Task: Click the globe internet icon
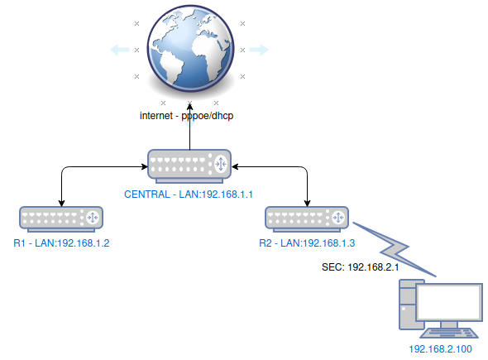coord(190,49)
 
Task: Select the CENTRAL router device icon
coord(189,166)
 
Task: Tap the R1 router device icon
coord(61,219)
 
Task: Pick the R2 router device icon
coord(307,219)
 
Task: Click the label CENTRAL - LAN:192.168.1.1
coord(189,194)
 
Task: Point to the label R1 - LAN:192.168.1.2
coord(61,243)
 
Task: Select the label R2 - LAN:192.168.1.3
coord(307,243)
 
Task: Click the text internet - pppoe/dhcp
coord(186,116)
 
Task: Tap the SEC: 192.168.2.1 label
coord(360,267)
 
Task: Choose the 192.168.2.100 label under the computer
coord(440,349)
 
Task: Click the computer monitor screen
coord(449,303)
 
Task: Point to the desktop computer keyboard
coord(449,334)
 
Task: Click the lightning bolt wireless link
coord(395,249)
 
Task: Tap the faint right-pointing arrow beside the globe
coord(259,50)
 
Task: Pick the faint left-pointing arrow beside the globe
coord(120,50)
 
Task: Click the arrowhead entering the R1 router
coord(62,203)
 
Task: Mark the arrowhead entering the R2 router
coord(307,203)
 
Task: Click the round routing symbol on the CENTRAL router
coord(221,164)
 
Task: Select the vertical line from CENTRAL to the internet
coord(190,127)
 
